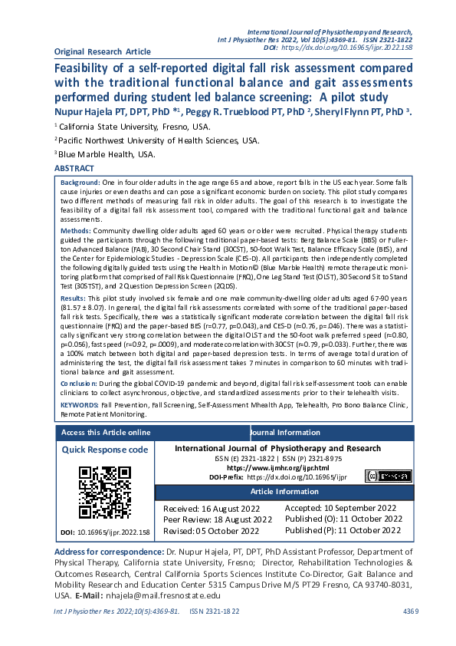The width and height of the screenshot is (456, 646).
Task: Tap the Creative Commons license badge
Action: click(388, 476)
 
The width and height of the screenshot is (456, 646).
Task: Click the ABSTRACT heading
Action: click(74, 168)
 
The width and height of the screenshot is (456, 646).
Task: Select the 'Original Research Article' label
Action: click(103, 51)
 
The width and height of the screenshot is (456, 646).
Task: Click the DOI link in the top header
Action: click(348, 48)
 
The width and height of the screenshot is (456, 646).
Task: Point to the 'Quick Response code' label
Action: click(105, 450)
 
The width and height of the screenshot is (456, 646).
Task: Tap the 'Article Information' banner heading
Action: click(284, 491)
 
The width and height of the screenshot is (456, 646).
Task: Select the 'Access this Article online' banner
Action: click(105, 433)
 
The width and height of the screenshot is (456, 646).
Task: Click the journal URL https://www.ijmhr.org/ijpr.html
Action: click(277, 467)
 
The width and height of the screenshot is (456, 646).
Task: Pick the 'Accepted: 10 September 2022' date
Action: click(340, 508)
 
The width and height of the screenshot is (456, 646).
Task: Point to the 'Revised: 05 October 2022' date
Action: click(211, 530)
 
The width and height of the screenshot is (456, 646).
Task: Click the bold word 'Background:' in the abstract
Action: click(79, 183)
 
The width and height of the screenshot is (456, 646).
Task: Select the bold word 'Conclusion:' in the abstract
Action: click(79, 381)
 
